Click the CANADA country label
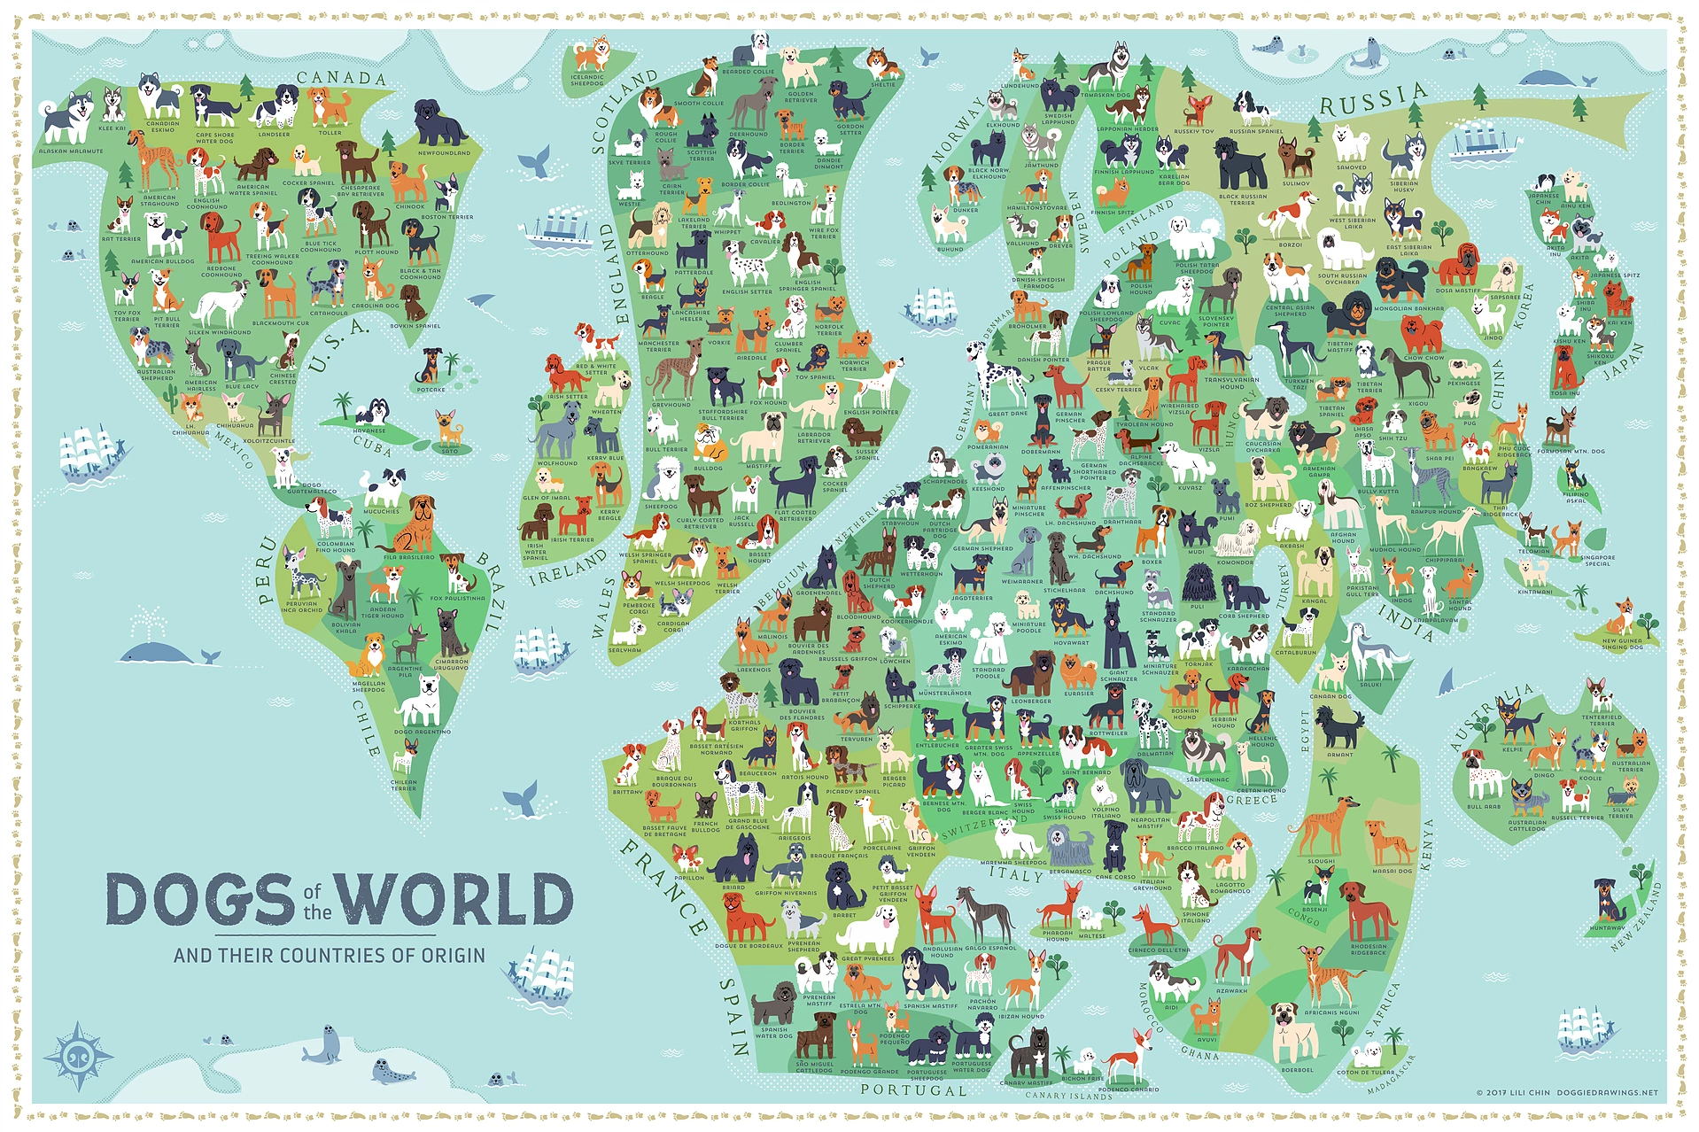coord(341,78)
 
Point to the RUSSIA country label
coord(1373,100)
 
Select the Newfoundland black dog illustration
coord(440,123)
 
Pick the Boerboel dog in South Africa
coord(1295,1032)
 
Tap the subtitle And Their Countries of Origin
coord(330,956)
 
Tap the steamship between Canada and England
coord(558,227)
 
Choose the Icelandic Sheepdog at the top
coord(591,54)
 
